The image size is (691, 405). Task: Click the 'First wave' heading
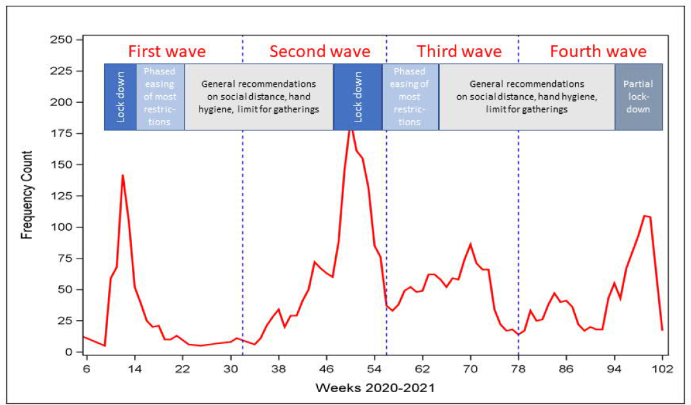(x=167, y=51)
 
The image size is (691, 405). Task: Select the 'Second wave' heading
(x=320, y=51)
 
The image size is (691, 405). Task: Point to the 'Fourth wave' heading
(x=598, y=51)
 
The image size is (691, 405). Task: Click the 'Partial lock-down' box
(x=638, y=96)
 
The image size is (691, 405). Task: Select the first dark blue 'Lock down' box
(x=120, y=96)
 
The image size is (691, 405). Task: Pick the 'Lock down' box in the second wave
(x=358, y=96)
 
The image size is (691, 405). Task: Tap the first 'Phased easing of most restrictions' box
(x=160, y=96)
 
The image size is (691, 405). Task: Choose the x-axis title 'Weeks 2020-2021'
(x=374, y=389)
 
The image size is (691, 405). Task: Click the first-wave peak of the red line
(x=122, y=175)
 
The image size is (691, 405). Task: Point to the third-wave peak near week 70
(x=470, y=244)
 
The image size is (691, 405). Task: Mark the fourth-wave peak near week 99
(x=644, y=215)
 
